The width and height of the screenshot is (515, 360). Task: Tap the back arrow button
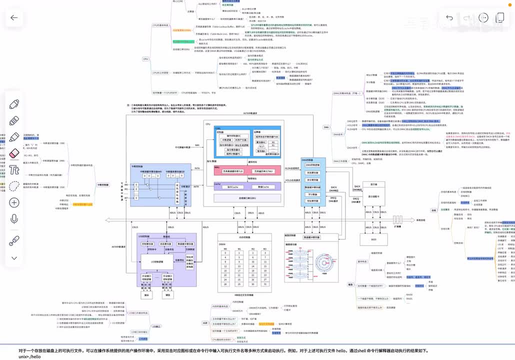(13, 18)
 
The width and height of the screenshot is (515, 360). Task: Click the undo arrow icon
(449, 18)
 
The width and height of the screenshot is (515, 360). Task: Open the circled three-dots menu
(483, 17)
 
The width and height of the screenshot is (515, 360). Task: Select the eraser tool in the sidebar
(14, 153)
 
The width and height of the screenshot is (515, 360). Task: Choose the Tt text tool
(14, 169)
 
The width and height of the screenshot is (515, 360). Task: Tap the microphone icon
(14, 218)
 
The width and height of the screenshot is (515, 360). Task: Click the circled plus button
(14, 202)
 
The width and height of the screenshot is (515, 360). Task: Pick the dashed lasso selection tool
(14, 186)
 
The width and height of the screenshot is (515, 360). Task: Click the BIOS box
(373, 239)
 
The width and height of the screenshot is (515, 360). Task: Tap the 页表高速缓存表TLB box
(232, 171)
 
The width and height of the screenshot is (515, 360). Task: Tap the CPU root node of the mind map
(145, 59)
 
